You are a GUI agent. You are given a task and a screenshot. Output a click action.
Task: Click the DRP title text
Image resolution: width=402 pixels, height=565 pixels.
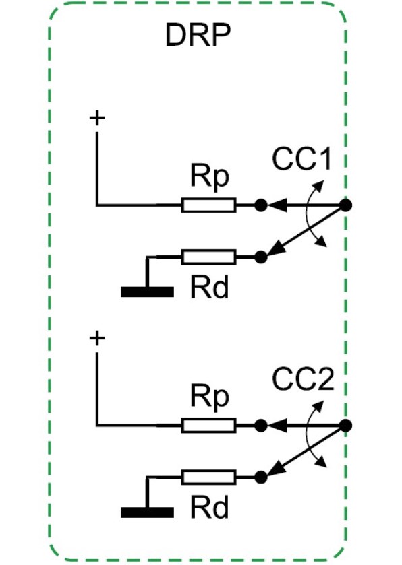(198, 35)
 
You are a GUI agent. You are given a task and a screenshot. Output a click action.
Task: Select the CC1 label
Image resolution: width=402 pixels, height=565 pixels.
(301, 159)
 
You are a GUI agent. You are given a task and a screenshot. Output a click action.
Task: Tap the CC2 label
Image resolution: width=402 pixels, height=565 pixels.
(303, 379)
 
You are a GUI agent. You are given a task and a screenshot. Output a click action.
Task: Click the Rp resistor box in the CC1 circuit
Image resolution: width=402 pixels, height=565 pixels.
(209, 205)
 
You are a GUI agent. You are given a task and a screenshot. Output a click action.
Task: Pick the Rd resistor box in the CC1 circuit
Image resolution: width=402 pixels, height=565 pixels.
(209, 257)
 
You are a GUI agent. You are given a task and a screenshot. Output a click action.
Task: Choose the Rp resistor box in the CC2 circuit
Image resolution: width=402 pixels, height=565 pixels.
(209, 426)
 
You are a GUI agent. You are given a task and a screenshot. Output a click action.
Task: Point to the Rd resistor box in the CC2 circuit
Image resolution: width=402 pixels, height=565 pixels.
(209, 477)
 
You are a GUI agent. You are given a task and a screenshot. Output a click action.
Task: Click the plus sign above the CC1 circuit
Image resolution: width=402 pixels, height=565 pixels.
(97, 117)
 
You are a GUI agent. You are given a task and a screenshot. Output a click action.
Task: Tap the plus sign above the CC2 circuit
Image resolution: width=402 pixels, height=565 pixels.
(97, 338)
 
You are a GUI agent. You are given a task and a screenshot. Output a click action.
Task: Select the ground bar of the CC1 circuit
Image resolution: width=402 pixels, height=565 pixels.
(147, 292)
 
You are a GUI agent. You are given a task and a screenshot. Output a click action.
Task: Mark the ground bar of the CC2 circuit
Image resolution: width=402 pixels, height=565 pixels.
(147, 512)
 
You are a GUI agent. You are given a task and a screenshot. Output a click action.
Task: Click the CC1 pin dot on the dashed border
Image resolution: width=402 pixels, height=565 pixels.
(346, 205)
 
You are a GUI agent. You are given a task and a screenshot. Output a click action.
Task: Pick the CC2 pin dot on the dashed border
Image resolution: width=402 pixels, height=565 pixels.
(346, 426)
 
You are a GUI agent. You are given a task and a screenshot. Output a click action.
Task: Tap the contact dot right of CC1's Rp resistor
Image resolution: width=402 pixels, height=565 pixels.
(261, 205)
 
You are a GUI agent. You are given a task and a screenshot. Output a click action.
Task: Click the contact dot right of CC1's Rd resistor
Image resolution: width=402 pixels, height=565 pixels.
(261, 257)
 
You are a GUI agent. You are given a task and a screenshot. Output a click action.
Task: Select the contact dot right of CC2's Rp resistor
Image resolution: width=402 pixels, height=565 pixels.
(261, 426)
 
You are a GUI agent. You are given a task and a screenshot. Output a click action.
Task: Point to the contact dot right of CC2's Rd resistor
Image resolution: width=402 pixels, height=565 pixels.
(261, 477)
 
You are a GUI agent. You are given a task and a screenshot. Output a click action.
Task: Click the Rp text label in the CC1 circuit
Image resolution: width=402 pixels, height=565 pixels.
(210, 176)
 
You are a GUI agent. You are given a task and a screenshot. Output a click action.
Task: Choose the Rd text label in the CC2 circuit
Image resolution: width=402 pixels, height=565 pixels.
(210, 507)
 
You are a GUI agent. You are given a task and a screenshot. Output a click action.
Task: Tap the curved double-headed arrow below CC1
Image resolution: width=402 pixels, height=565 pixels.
(306, 213)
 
